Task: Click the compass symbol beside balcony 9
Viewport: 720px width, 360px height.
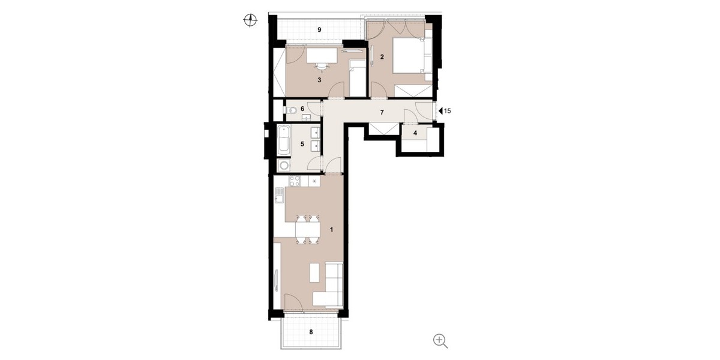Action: (x=250, y=21)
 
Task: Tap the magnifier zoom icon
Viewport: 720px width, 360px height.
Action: (x=440, y=341)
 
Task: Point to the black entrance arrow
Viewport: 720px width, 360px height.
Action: (x=440, y=111)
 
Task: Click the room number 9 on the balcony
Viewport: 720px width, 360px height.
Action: (x=320, y=29)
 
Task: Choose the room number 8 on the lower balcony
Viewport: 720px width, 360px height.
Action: (x=311, y=331)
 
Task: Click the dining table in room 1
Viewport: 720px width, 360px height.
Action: (x=307, y=228)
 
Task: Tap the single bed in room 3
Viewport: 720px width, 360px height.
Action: (x=356, y=78)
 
